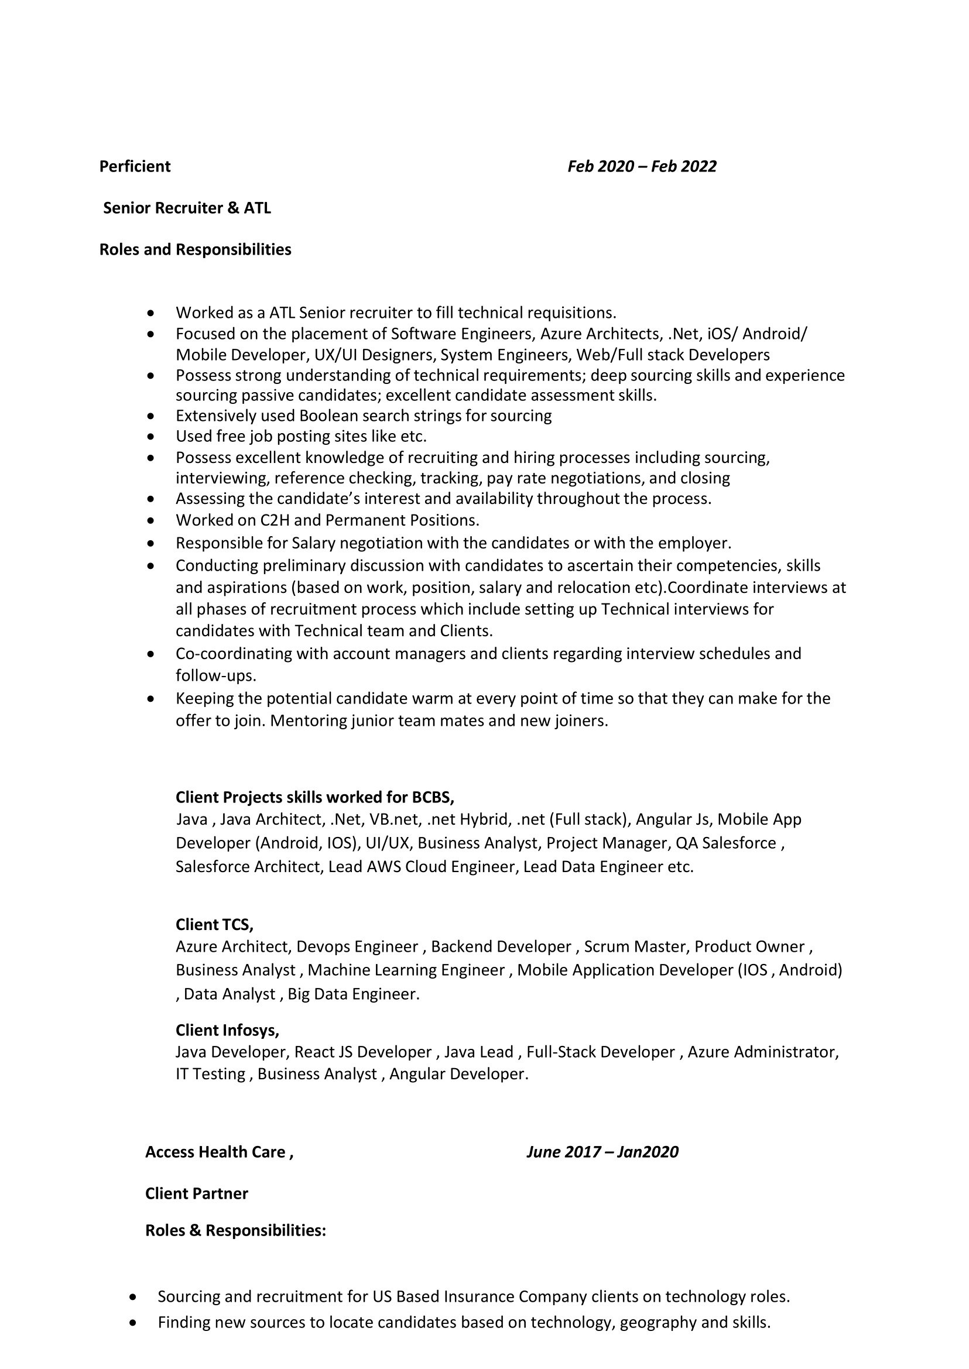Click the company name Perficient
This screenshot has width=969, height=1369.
(x=135, y=166)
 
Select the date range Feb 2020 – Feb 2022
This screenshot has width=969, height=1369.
(x=642, y=166)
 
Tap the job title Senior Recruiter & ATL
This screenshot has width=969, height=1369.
(x=187, y=208)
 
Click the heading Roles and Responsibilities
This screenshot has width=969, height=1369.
(x=195, y=249)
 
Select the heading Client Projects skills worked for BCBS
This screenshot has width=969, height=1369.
(x=314, y=798)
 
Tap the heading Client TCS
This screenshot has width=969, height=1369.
(x=214, y=925)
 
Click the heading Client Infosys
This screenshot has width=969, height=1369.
(x=227, y=1030)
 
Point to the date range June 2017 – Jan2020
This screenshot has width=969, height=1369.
(x=602, y=1152)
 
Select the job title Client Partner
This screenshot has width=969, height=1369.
(x=196, y=1193)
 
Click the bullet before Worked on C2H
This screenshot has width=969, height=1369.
(x=153, y=521)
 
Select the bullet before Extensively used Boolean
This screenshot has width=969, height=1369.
(x=153, y=416)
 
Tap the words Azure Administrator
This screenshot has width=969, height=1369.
(x=762, y=1052)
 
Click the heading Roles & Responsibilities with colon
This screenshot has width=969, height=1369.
(x=236, y=1231)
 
